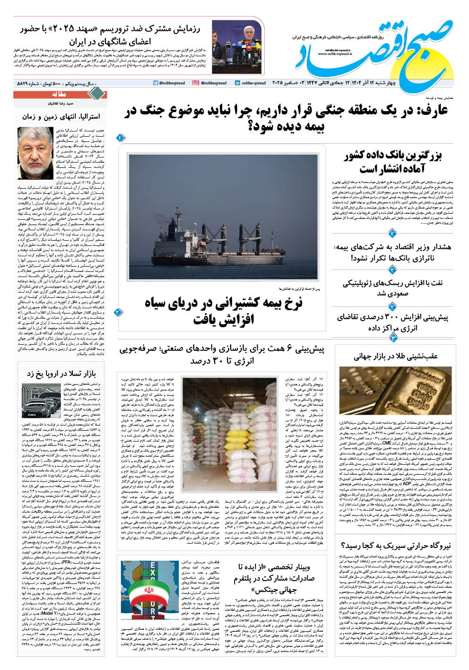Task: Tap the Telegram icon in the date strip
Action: (x=156, y=83)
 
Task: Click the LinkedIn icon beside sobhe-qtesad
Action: (x=236, y=83)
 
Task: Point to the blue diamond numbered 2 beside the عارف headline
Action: (x=120, y=138)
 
